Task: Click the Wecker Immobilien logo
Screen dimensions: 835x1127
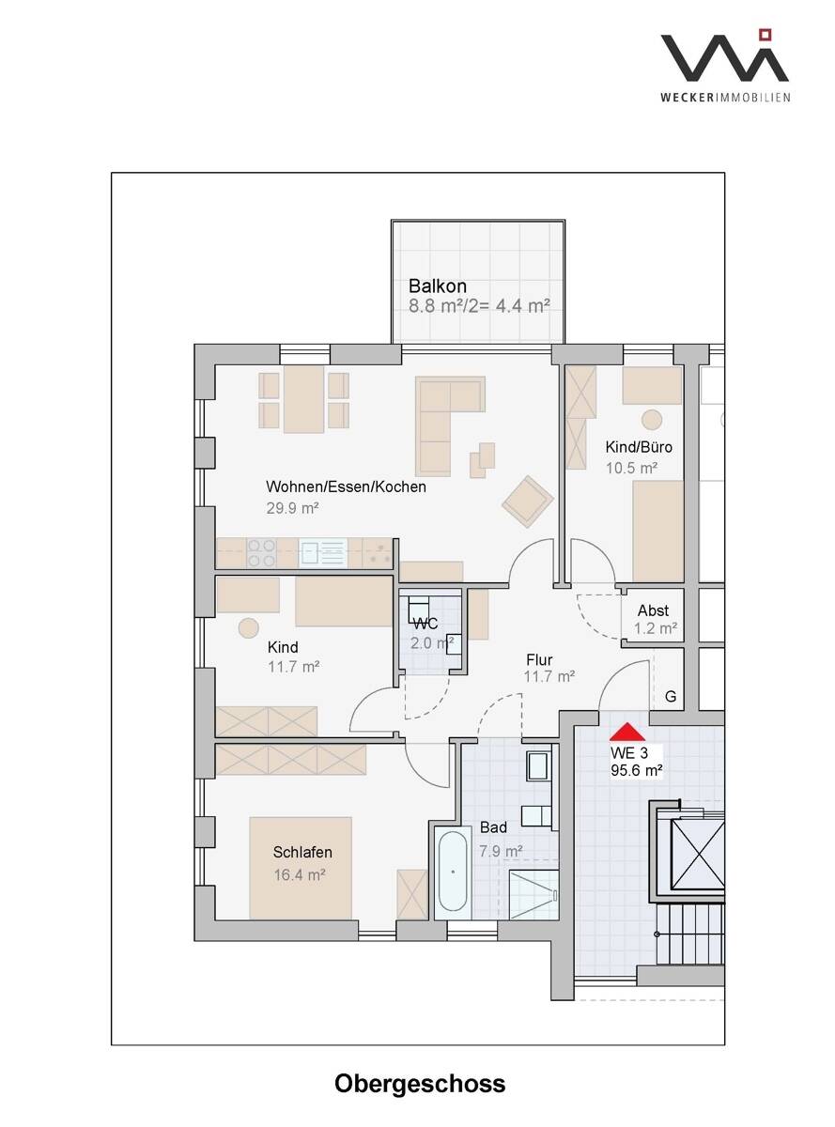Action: (725, 66)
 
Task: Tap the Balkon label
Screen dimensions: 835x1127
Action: (437, 286)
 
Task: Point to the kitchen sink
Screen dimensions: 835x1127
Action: (322, 553)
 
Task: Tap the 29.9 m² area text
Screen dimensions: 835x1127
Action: (292, 507)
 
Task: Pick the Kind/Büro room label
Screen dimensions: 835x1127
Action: (639, 447)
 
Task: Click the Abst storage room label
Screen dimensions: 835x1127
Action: (653, 610)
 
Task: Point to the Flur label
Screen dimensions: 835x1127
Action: (539, 660)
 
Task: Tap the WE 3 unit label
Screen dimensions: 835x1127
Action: (629, 752)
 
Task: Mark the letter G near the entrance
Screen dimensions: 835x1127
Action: (671, 697)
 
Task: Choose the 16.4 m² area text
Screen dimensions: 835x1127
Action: (300, 875)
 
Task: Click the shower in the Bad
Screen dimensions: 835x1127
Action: (533, 894)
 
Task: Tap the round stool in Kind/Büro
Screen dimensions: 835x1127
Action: (652, 420)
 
